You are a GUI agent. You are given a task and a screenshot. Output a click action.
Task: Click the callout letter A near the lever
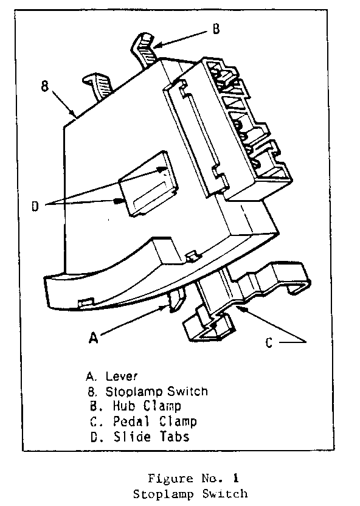coord(93,338)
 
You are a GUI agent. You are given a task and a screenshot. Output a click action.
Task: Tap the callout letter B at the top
coord(216,29)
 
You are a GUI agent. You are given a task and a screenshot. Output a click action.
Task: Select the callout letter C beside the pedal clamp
coord(269,342)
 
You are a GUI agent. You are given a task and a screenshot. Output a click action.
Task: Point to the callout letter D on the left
coord(35,206)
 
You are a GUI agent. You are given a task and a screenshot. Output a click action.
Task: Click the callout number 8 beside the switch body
coord(45,86)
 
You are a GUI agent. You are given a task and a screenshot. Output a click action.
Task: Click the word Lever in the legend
coord(122,376)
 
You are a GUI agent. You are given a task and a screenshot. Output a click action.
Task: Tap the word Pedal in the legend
coord(131,421)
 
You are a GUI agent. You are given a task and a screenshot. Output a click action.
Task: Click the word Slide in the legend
coord(132,437)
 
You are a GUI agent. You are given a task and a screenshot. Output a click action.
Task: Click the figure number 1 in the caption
coord(236,478)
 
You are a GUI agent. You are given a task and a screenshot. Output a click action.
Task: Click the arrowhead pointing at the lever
coord(165,308)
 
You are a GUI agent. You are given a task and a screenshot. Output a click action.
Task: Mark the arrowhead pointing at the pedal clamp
coord(243,309)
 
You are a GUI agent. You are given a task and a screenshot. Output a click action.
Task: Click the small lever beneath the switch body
coord(177,299)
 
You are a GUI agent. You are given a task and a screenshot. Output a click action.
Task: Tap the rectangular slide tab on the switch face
coord(148,184)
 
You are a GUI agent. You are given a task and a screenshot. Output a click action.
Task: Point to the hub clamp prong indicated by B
coord(146,49)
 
